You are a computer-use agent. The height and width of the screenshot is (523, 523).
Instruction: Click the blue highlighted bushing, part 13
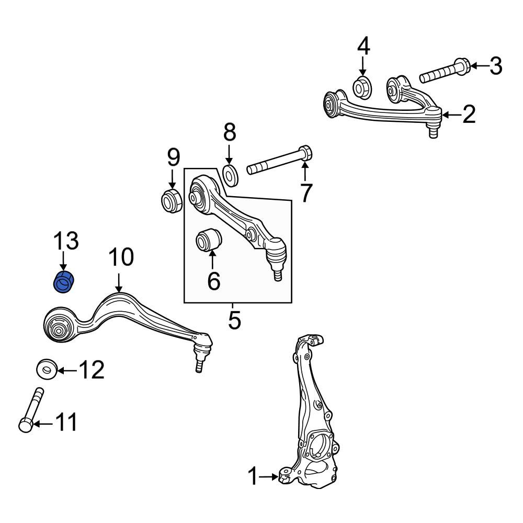(65, 282)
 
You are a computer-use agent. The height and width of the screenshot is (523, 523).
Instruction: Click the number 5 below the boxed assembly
(234, 320)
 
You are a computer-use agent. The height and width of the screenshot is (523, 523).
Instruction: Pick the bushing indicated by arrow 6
(209, 239)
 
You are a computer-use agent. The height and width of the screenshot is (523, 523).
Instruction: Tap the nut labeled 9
(171, 200)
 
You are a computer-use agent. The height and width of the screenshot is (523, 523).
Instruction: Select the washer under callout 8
(230, 175)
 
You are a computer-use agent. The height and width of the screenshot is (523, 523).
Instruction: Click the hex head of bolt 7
(305, 153)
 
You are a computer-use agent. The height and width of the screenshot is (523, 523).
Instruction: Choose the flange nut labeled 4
(362, 87)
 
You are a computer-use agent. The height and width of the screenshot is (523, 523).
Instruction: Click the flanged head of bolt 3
(462, 66)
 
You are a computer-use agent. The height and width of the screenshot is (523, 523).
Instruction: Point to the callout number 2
(469, 115)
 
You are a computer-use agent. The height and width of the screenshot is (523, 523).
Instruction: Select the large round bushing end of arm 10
(59, 325)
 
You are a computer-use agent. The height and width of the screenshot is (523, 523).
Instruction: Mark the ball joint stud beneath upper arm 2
(433, 130)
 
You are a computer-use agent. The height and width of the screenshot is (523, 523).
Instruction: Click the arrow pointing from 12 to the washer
(67, 370)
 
